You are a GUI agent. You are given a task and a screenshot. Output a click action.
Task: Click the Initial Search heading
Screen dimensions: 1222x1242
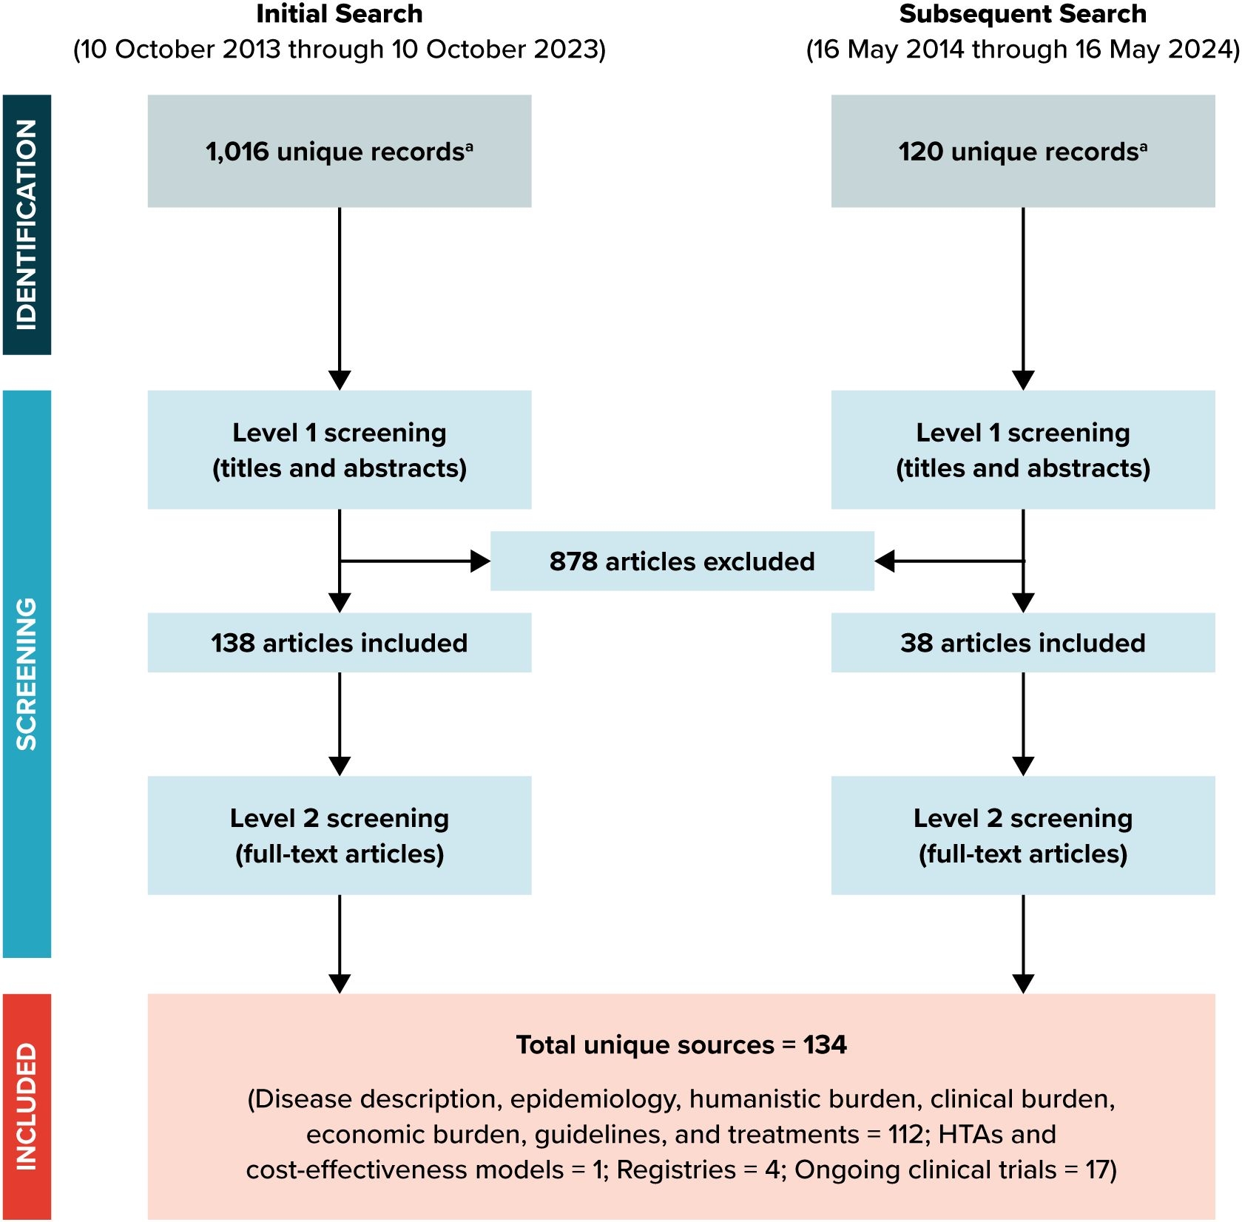click(339, 14)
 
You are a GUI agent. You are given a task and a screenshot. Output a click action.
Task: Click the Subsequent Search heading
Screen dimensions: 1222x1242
click(1022, 14)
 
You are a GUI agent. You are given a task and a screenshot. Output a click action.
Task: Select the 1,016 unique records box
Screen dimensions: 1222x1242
click(339, 151)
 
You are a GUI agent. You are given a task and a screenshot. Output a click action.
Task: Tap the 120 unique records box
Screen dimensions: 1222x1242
click(1022, 151)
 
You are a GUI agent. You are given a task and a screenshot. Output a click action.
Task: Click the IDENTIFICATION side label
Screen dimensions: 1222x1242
click(27, 224)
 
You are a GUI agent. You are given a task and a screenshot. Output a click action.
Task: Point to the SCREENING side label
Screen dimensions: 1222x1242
click(27, 673)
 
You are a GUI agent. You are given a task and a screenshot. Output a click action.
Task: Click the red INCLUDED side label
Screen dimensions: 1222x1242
click(27, 1106)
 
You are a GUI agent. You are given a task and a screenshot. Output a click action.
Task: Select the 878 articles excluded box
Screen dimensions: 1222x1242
click(681, 561)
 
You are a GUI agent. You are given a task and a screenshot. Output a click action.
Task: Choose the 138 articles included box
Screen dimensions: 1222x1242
click(339, 643)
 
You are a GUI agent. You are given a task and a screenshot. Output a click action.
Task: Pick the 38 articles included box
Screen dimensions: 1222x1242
click(1022, 643)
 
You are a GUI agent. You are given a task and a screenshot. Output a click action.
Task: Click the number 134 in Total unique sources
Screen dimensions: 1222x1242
click(825, 1045)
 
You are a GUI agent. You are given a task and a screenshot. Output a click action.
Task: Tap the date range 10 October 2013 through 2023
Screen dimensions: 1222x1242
click(339, 50)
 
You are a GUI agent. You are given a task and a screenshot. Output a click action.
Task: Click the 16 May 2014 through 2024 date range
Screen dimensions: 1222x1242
click(1022, 50)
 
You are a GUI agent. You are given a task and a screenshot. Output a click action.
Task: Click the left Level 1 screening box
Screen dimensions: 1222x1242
click(339, 450)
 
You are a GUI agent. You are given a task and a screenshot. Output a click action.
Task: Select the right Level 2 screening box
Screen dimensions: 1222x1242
click(1022, 835)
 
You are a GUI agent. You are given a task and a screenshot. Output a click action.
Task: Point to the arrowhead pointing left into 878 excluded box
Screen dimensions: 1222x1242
click(885, 561)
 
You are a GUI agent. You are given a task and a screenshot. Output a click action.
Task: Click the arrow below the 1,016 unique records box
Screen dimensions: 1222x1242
click(340, 296)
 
